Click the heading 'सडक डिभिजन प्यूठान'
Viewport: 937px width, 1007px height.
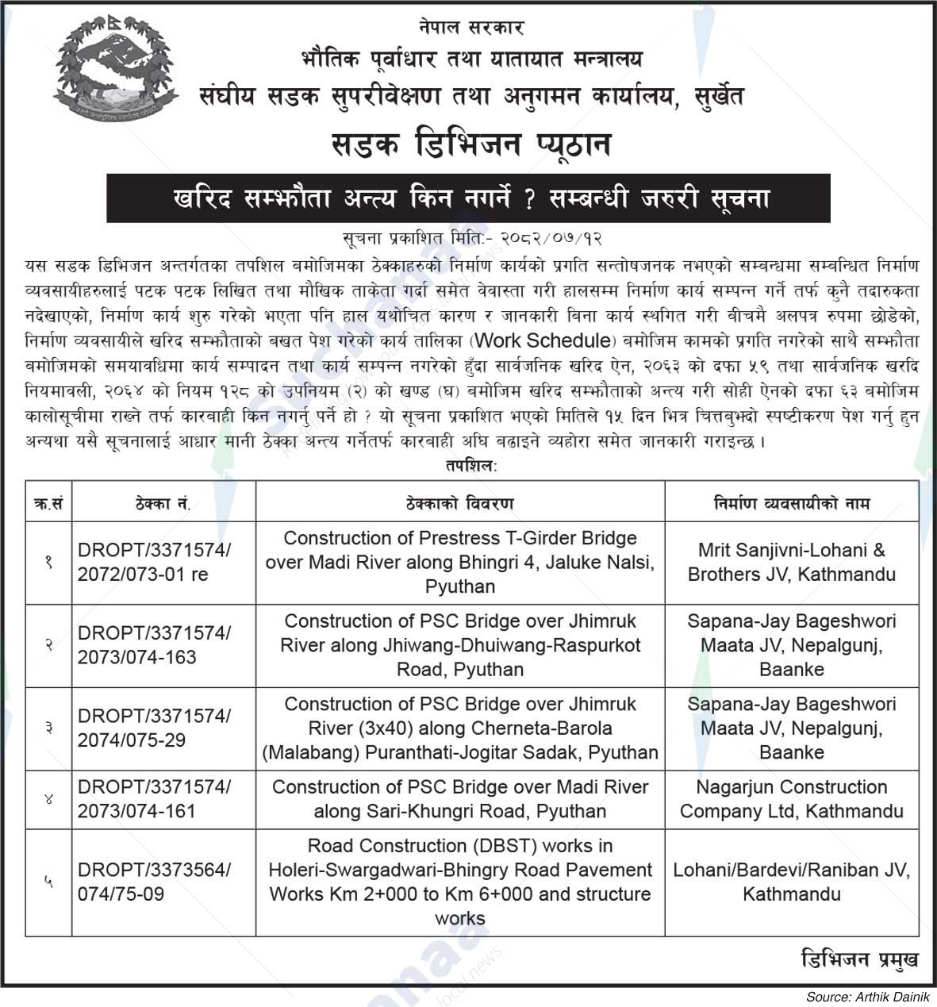pos(468,145)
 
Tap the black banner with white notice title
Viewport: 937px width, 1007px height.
pos(468,198)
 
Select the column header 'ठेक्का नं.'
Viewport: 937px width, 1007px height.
pos(163,503)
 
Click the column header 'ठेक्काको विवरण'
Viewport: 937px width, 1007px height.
pos(460,503)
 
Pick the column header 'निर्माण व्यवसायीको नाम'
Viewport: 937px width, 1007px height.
pos(791,503)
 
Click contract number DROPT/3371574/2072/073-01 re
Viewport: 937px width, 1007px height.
pos(154,562)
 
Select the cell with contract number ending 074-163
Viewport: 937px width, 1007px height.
pos(154,645)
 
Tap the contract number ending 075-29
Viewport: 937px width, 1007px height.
pos(154,728)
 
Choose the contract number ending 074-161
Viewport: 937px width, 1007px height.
pos(154,799)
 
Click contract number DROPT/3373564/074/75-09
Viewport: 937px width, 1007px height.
pos(154,882)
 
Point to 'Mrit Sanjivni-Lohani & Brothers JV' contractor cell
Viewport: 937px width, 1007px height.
pos(791,562)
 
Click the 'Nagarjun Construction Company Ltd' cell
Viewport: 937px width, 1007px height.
pos(791,799)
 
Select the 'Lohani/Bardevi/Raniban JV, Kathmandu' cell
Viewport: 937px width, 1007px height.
pos(791,882)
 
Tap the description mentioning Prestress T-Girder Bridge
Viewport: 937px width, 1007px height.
pos(460,562)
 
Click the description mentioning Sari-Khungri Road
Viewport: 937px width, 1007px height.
pos(460,799)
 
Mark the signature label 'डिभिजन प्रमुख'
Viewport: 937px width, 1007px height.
pos(859,959)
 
